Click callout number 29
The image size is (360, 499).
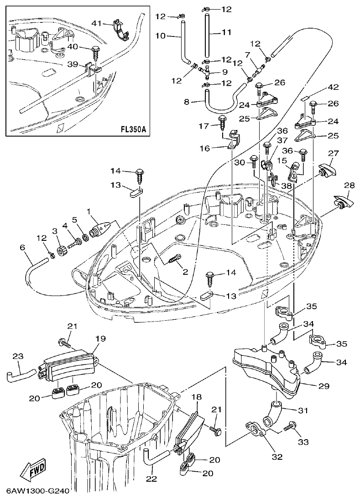323,386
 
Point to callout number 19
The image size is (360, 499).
100,338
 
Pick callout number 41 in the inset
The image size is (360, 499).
97,23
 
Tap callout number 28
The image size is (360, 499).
349,186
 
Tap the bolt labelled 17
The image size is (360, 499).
224,122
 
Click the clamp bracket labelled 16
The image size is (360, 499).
233,139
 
